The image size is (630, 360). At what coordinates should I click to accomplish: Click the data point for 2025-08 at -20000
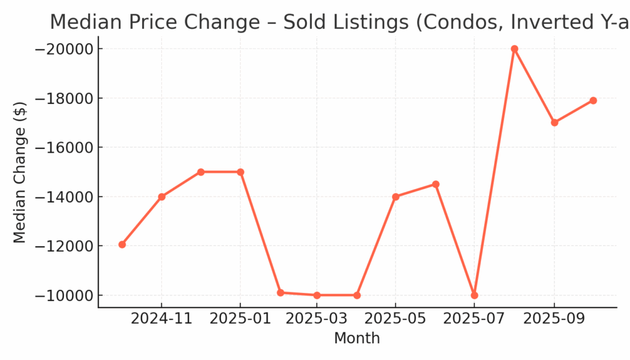click(x=514, y=49)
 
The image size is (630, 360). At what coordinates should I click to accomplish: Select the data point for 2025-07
click(x=474, y=295)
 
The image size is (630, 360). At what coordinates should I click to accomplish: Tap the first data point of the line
click(x=122, y=244)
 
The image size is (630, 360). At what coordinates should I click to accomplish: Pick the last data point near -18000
click(x=593, y=100)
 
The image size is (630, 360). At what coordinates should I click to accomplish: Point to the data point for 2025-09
click(x=554, y=122)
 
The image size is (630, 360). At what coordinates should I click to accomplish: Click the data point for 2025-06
click(x=436, y=184)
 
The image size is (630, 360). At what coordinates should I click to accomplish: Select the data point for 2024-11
click(x=162, y=197)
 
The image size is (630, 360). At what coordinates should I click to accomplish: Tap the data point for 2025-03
click(x=317, y=295)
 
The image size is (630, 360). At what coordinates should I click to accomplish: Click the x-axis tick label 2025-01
click(x=240, y=319)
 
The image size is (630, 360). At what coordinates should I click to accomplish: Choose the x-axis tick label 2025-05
click(x=395, y=319)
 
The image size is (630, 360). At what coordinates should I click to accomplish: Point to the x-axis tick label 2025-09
click(x=554, y=319)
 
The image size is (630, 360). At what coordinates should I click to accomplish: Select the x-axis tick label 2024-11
click(x=162, y=319)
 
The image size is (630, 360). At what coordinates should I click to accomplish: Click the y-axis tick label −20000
click(x=61, y=49)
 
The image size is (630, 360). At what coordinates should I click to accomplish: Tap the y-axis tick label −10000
click(x=61, y=295)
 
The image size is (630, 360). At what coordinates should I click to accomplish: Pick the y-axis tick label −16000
click(x=61, y=148)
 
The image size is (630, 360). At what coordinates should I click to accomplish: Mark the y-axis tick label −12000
click(x=61, y=246)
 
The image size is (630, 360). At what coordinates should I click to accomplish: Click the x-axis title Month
click(x=357, y=338)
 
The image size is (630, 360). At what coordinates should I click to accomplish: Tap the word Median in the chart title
click(x=83, y=22)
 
